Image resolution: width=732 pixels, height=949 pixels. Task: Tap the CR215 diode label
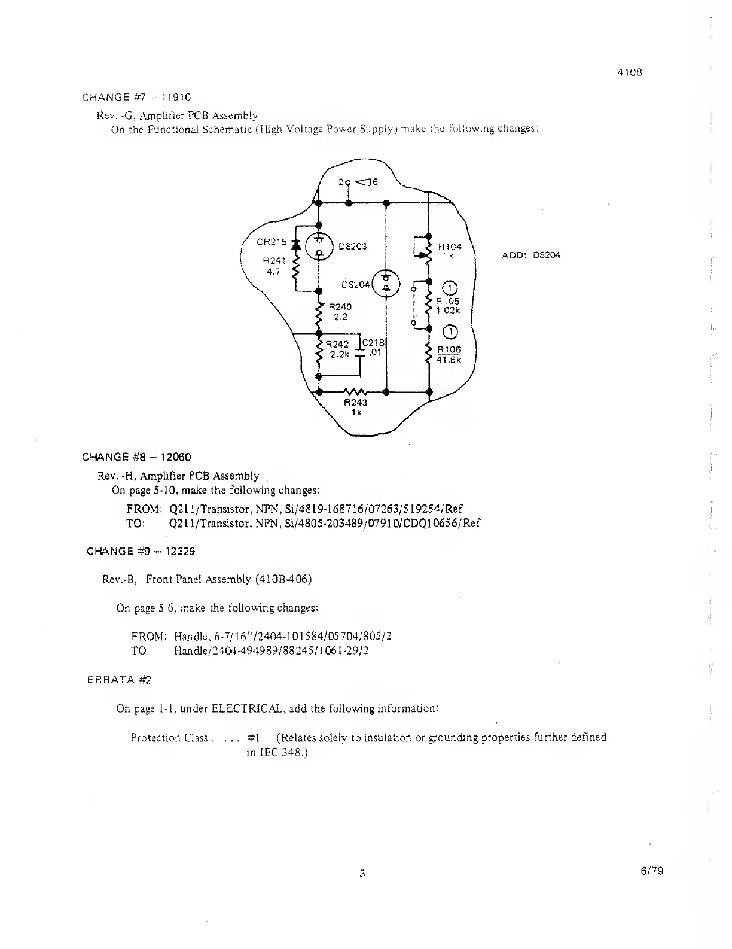272,242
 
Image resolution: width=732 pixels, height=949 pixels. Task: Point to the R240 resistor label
341,306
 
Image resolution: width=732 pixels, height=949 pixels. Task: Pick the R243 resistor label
355,403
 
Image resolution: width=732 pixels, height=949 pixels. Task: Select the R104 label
450,246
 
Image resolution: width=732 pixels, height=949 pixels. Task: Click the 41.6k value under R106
449,360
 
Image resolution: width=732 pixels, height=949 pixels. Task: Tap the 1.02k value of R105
448,310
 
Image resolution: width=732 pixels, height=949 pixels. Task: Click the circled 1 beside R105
449,288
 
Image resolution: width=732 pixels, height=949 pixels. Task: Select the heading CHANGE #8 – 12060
136,458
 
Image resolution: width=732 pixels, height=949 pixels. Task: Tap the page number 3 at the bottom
362,873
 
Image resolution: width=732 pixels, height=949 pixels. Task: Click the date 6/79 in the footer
651,871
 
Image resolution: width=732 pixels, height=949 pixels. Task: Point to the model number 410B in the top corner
630,74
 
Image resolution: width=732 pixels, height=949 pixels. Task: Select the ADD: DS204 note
531,255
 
